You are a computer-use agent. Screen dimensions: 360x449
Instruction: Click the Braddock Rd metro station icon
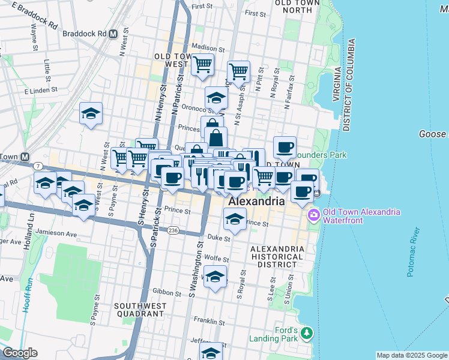[x=112, y=34]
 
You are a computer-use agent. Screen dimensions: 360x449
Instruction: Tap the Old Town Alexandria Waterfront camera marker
[x=314, y=215]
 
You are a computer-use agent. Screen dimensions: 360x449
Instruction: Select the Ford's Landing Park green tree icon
[x=307, y=332]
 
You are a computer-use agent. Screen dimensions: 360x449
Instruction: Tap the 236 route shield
[x=173, y=230]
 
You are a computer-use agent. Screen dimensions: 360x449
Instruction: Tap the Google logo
[x=20, y=353]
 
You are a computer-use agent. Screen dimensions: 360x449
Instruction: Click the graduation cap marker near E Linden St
[x=91, y=113]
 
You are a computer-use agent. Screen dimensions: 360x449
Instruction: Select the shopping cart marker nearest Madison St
[x=203, y=64]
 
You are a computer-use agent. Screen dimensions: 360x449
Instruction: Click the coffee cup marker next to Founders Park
[x=285, y=146]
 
